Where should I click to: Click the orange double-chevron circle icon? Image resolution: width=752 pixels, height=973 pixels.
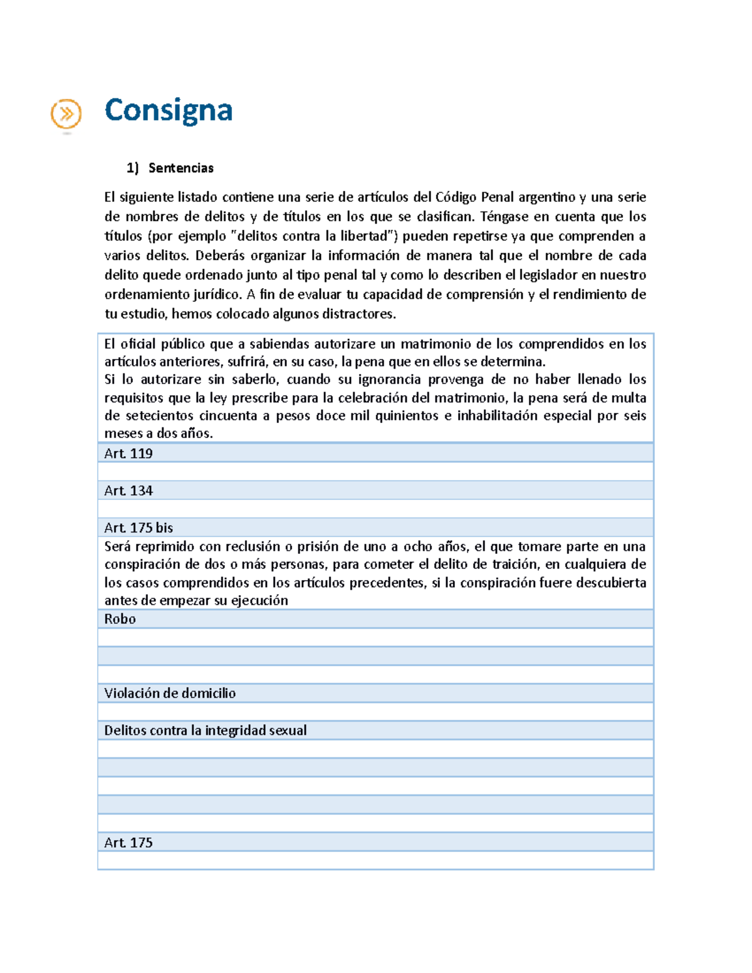pos(66,115)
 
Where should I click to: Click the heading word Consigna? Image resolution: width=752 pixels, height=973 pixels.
pos(169,110)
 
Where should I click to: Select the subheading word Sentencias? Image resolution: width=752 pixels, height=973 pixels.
pos(181,168)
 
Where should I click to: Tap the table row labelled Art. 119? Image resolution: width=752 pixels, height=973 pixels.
pos(128,454)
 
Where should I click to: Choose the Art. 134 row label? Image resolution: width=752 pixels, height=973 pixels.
pos(128,491)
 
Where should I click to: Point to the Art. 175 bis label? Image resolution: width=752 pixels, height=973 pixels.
pos(138,528)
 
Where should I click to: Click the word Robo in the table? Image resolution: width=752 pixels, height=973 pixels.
pos(120,619)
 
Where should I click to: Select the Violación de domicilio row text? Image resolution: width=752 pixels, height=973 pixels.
pos(170,693)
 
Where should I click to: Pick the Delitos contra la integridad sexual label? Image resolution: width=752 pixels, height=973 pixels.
pos(206,730)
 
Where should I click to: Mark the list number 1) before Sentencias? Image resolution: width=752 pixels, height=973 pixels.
pos(132,168)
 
